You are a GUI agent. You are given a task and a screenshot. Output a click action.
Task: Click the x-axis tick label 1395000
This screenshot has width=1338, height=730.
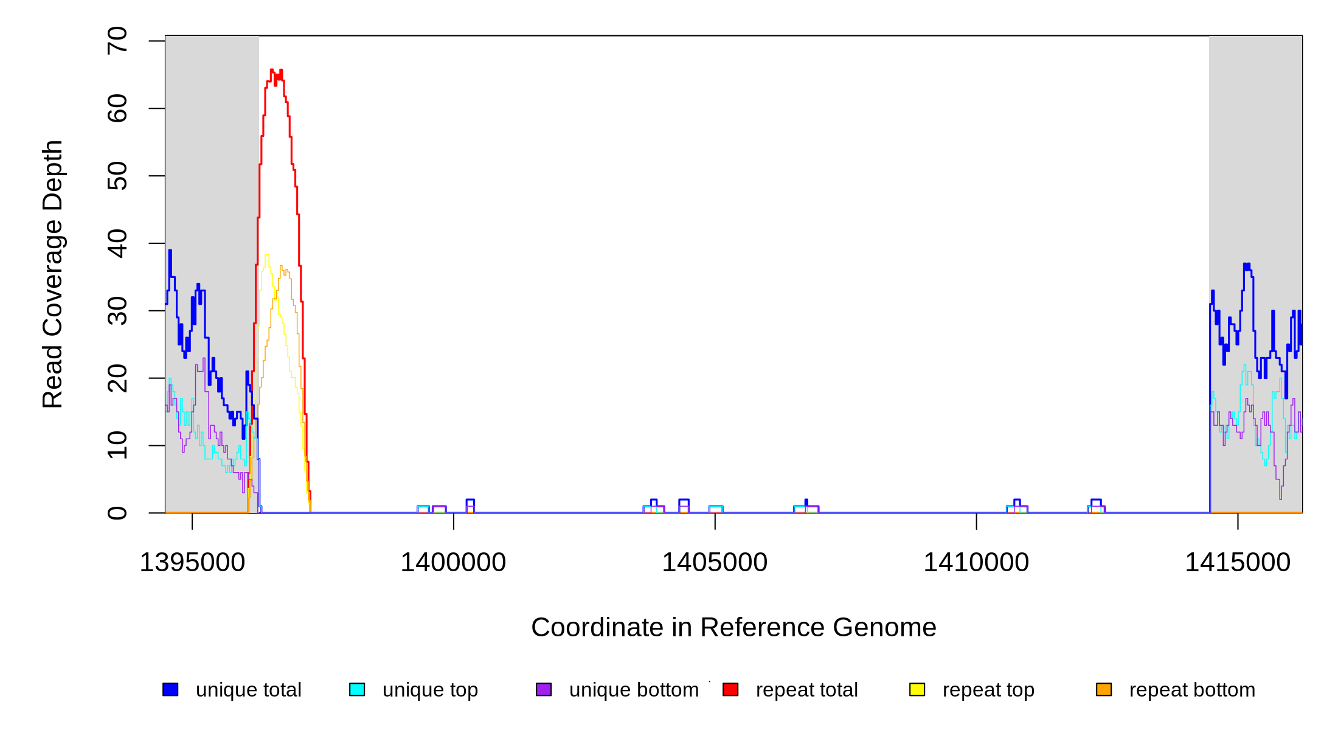(192, 563)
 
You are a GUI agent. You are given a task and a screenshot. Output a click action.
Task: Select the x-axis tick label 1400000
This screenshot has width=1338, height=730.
(453, 563)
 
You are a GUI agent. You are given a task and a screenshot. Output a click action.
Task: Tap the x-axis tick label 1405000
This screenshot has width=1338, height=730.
(715, 563)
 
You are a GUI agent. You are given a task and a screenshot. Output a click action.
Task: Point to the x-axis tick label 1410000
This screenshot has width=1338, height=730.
(976, 563)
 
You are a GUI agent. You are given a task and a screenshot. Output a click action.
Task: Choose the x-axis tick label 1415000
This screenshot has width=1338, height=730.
(1238, 563)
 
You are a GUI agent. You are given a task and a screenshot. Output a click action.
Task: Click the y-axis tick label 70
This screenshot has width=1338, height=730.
(117, 41)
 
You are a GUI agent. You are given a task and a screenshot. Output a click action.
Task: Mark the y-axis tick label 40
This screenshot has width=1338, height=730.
(117, 243)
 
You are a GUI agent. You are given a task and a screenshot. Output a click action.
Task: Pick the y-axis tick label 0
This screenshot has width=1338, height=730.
(117, 513)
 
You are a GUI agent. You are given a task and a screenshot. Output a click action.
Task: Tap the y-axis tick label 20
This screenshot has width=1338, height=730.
(117, 378)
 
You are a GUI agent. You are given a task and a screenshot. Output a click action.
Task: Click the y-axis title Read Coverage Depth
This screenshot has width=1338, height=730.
(53, 274)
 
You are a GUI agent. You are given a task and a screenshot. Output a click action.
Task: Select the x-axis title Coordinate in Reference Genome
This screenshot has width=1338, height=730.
(733, 627)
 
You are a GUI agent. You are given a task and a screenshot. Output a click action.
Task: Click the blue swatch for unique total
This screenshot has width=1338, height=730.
(170, 689)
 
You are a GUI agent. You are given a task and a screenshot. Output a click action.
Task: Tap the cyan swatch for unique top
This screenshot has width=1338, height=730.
(357, 689)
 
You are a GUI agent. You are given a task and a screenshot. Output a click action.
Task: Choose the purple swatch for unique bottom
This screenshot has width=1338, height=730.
(544, 689)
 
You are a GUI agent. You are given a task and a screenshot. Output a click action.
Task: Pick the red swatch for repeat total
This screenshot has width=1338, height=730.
(730, 689)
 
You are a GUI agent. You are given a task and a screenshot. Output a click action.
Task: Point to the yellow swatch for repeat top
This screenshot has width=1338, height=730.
(917, 689)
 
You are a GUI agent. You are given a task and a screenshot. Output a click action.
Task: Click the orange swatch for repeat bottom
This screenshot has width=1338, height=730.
(1104, 689)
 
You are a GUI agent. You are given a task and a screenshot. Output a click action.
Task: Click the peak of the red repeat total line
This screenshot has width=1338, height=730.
(272, 70)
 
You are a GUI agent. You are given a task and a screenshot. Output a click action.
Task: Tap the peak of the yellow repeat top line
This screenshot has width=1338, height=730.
(267, 255)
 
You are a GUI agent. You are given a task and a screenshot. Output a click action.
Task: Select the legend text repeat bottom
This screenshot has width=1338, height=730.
(1192, 690)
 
